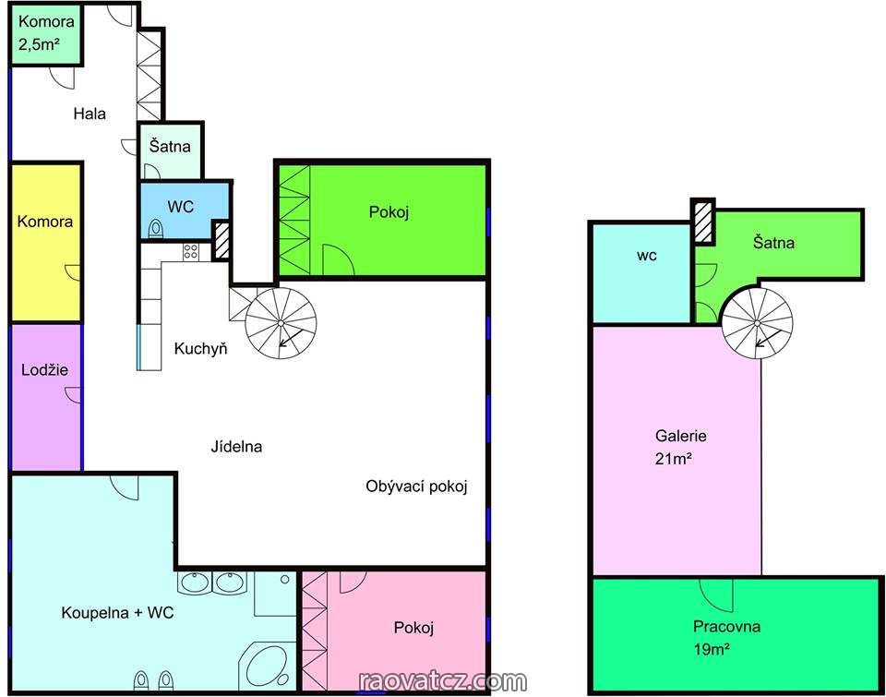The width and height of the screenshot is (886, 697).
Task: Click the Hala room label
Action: click(90, 114)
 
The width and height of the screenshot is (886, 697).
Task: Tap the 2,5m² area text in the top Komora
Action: click(39, 44)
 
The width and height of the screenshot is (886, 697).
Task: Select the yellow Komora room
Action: click(46, 243)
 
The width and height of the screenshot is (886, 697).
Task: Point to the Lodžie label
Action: click(44, 370)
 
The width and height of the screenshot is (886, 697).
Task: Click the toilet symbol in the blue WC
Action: click(155, 229)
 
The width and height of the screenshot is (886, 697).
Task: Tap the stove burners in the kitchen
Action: click(190, 251)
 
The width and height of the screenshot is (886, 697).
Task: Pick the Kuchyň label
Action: click(200, 349)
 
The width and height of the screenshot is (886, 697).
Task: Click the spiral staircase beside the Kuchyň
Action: click(281, 323)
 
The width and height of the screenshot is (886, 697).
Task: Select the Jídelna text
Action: click(236, 447)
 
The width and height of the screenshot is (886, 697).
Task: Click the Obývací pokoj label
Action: click(416, 487)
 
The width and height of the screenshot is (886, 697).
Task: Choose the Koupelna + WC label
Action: click(117, 613)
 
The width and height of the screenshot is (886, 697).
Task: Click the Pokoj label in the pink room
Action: click(413, 628)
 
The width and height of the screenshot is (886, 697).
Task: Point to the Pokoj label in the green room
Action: click(389, 212)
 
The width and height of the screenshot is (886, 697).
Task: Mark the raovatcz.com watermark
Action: click(443, 681)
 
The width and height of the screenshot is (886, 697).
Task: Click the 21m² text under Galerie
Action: click(674, 459)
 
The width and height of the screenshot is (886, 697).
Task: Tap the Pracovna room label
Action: click(726, 626)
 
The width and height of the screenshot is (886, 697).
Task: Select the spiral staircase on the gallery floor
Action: click(757, 323)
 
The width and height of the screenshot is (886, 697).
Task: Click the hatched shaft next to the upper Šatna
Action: click(703, 222)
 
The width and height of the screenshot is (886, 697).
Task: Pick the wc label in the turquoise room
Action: click(647, 256)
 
